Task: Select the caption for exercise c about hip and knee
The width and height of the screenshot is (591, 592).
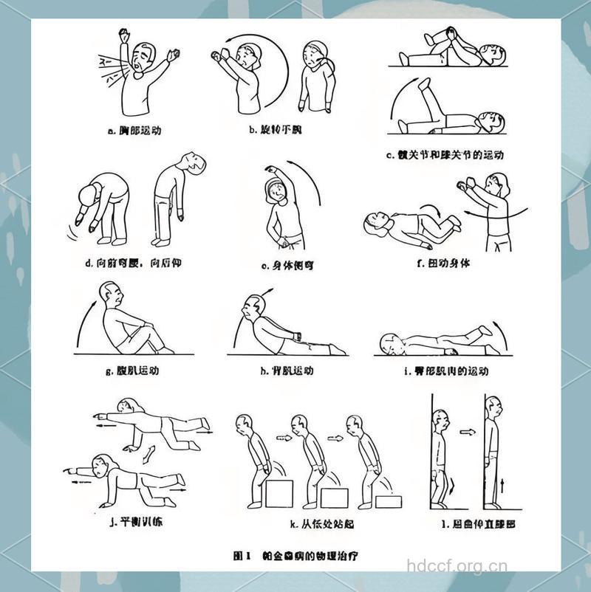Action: (x=445, y=155)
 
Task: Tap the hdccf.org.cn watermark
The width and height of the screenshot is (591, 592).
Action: (x=457, y=567)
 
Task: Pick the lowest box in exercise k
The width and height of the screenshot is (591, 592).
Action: (x=389, y=501)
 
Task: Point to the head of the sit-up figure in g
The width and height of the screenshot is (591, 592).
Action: (x=113, y=297)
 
